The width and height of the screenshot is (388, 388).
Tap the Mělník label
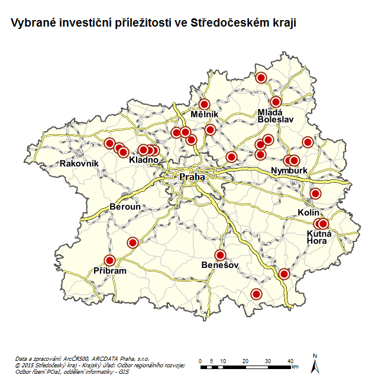tap(205, 114)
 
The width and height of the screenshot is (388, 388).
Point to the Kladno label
tap(144, 160)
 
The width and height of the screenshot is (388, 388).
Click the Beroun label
tap(125, 207)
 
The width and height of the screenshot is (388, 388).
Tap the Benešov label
tap(219, 265)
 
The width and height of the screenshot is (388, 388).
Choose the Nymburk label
tap(289, 171)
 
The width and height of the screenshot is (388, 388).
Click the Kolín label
tap(309, 212)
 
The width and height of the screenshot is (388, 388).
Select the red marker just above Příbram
tap(109, 260)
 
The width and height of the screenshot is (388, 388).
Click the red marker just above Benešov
tap(221, 255)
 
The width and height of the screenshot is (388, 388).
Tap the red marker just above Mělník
tap(205, 104)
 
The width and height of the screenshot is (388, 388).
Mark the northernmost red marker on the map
tap(261, 77)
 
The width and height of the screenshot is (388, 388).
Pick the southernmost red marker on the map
tap(256, 294)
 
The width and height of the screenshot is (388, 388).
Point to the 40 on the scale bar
tap(290, 361)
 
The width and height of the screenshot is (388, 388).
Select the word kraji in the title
tap(283, 23)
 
